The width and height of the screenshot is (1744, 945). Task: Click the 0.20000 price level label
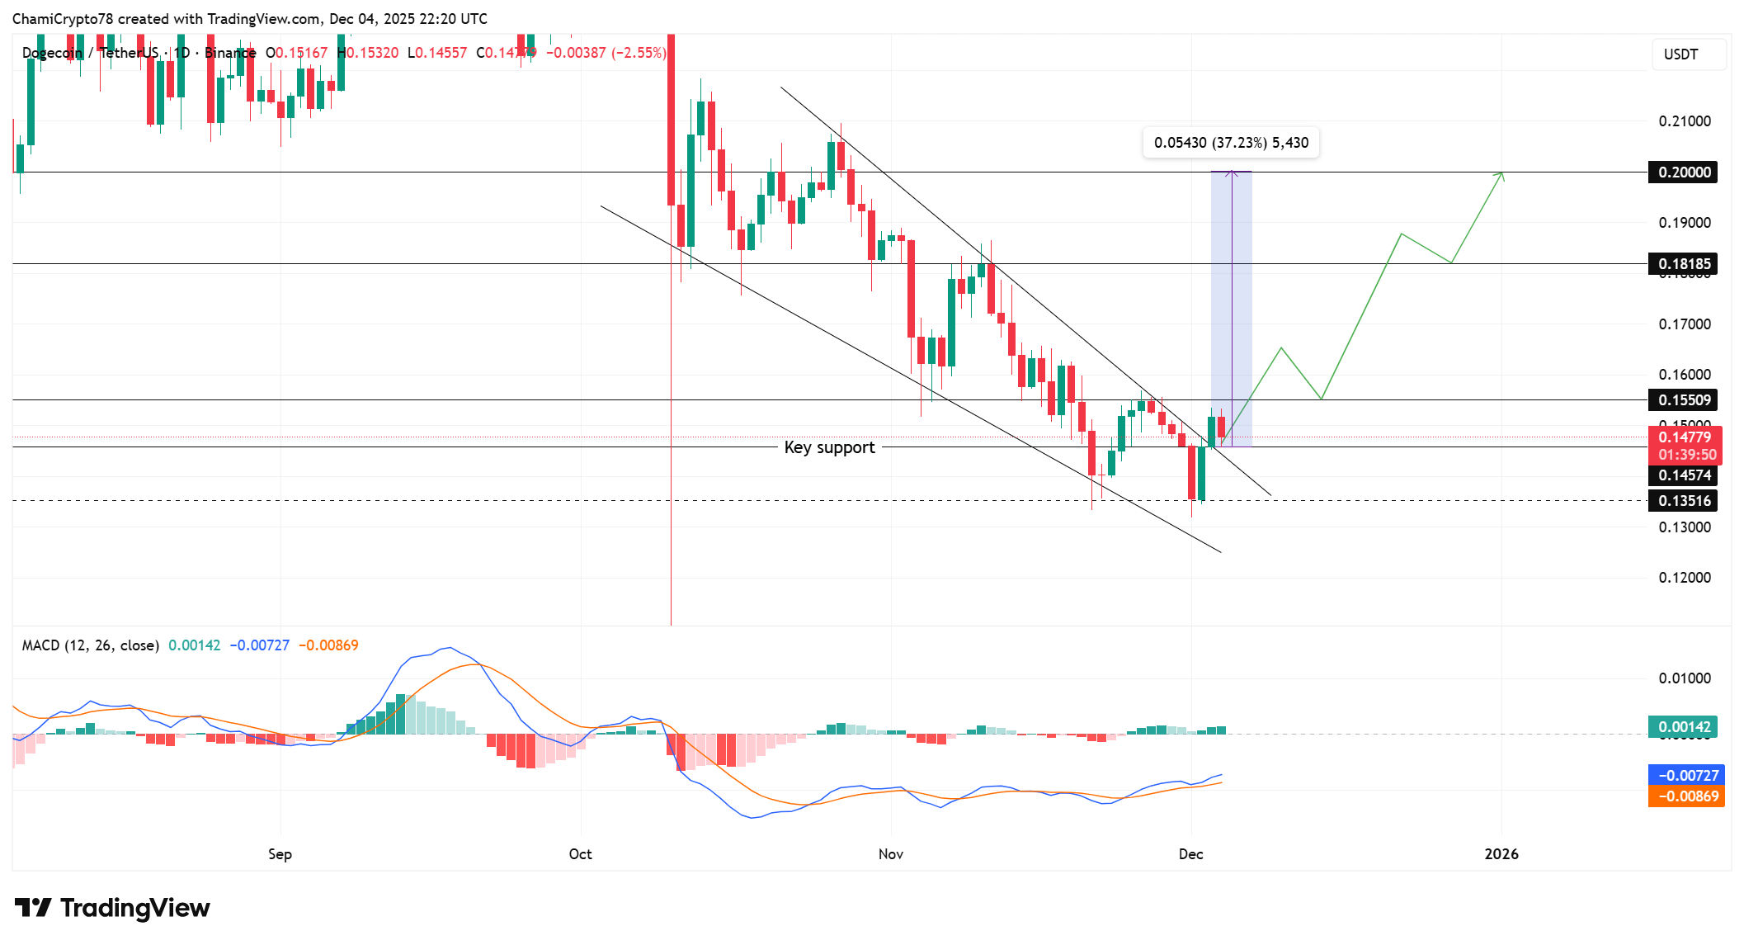pyautogui.click(x=1684, y=172)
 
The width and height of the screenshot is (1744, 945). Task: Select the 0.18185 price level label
pyautogui.click(x=1684, y=264)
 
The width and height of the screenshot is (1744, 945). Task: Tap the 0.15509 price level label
pyautogui.click(x=1684, y=400)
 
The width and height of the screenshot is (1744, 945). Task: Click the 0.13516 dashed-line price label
pyautogui.click(x=1684, y=501)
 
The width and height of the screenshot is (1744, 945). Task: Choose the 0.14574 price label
pyautogui.click(x=1684, y=475)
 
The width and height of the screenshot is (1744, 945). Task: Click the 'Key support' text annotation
pyautogui.click(x=829, y=447)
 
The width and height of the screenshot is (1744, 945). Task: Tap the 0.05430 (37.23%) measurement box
pyautogui.click(x=1231, y=143)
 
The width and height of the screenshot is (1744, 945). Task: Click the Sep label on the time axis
pyautogui.click(x=280, y=854)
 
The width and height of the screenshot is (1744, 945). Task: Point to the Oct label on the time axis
pyautogui.click(x=580, y=854)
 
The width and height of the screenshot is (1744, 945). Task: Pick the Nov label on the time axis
pyautogui.click(x=890, y=854)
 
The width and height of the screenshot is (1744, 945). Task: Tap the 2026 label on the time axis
pyautogui.click(x=1501, y=854)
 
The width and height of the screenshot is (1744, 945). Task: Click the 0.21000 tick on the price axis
pyautogui.click(x=1685, y=121)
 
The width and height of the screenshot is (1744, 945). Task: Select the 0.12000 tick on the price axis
pyautogui.click(x=1685, y=578)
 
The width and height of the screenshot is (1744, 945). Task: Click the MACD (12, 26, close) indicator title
pyautogui.click(x=90, y=645)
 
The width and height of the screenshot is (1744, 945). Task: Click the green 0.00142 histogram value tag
pyautogui.click(x=1684, y=727)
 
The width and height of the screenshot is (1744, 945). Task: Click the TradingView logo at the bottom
pyautogui.click(x=112, y=908)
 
